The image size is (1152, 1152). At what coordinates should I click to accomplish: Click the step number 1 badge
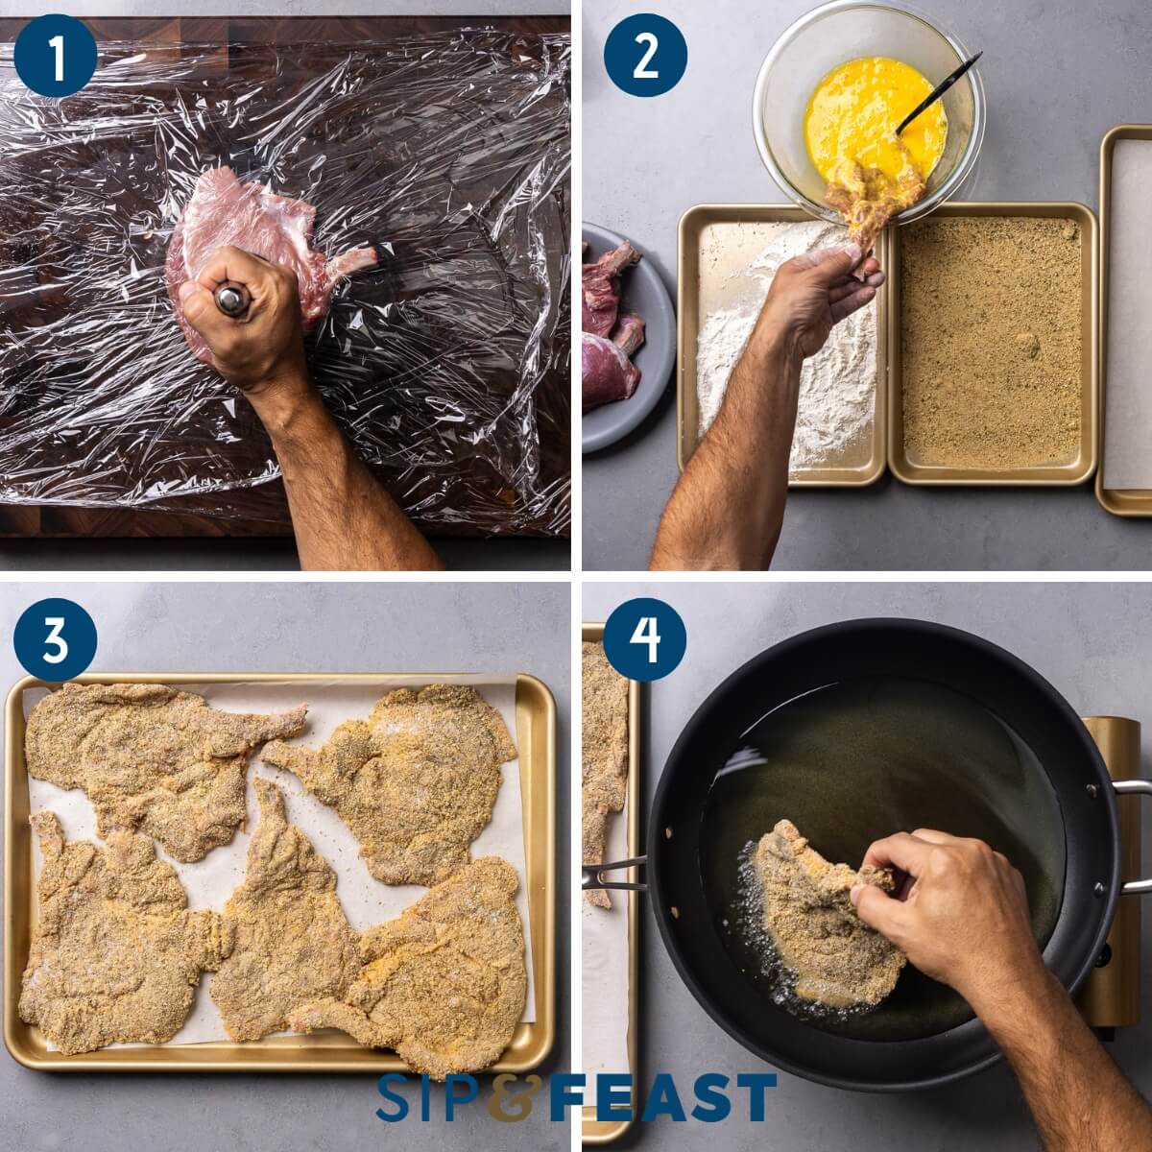point(56,56)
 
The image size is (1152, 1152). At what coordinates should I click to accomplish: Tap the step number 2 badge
point(646,56)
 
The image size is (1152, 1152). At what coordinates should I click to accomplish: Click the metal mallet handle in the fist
point(230,300)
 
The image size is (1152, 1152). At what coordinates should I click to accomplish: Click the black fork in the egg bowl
point(939,93)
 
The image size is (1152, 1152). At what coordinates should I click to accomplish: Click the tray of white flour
point(782,346)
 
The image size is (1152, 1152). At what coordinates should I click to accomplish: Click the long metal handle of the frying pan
point(615,874)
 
